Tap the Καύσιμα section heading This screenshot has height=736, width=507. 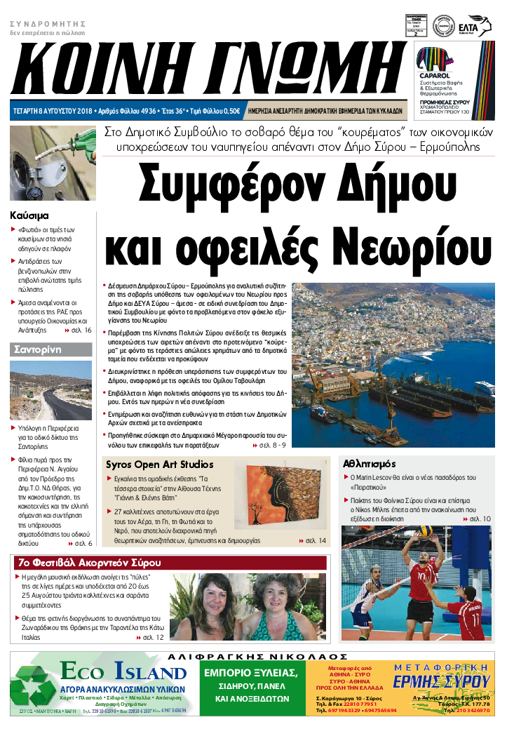[29, 215]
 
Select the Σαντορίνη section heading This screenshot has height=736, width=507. [39, 349]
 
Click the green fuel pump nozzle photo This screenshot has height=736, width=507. [52, 165]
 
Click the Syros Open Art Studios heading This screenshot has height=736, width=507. [159, 464]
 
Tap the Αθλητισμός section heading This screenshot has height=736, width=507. [370, 464]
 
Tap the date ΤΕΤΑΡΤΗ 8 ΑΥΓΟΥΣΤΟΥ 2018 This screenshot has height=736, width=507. [53, 111]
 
